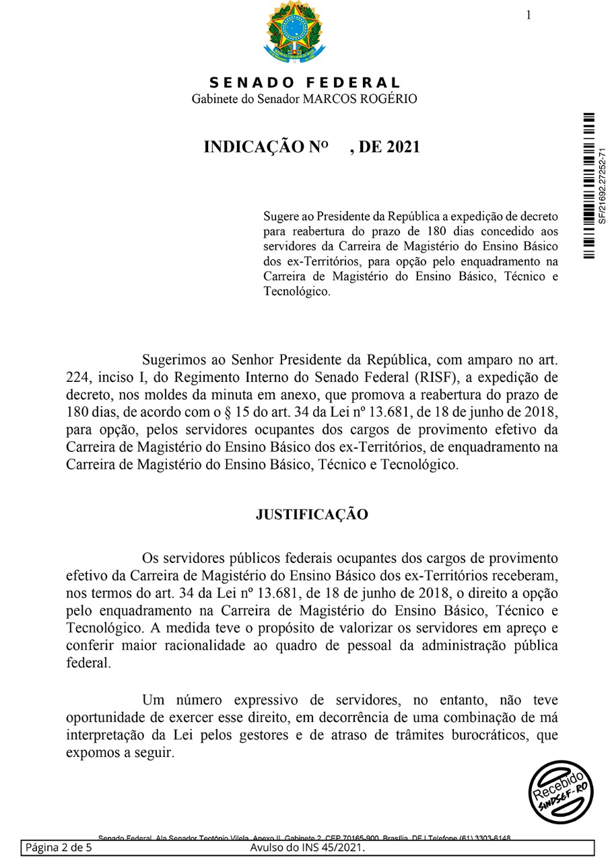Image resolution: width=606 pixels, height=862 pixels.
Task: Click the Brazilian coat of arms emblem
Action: pos(294,32)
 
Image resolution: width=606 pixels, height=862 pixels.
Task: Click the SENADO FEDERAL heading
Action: pos(305,83)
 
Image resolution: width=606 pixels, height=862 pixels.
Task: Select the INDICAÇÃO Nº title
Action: pos(265,147)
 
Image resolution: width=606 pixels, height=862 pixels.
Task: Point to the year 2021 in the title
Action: pos(402,147)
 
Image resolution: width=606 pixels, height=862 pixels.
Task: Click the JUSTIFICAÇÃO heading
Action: pos(312,515)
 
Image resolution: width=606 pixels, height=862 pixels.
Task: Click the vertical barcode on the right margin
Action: pos(589,185)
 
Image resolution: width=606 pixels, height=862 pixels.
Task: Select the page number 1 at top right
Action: pos(529,15)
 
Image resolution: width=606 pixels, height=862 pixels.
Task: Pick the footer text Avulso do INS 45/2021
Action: pos(307,847)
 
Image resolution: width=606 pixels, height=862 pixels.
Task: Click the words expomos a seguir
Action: pos(120,752)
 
